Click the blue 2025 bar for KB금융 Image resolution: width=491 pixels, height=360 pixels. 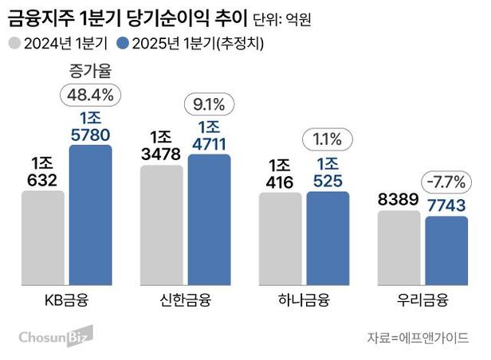(90, 215)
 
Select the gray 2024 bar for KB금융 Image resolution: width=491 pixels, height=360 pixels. (43, 239)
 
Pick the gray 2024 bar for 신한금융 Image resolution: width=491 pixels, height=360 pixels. (162, 226)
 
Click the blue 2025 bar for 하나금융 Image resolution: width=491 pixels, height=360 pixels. (328, 239)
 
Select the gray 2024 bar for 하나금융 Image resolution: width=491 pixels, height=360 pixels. (281, 240)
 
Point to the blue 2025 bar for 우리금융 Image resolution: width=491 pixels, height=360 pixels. (446, 251)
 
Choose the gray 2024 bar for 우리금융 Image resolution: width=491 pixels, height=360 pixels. (399, 248)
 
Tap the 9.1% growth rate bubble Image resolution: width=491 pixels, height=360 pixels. (210, 104)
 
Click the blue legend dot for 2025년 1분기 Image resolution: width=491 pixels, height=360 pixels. (122, 42)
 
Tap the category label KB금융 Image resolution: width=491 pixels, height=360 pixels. (67, 301)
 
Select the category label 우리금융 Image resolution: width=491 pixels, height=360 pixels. (422, 301)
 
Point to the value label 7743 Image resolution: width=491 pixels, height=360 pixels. (445, 205)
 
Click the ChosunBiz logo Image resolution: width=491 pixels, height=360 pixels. (55, 335)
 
